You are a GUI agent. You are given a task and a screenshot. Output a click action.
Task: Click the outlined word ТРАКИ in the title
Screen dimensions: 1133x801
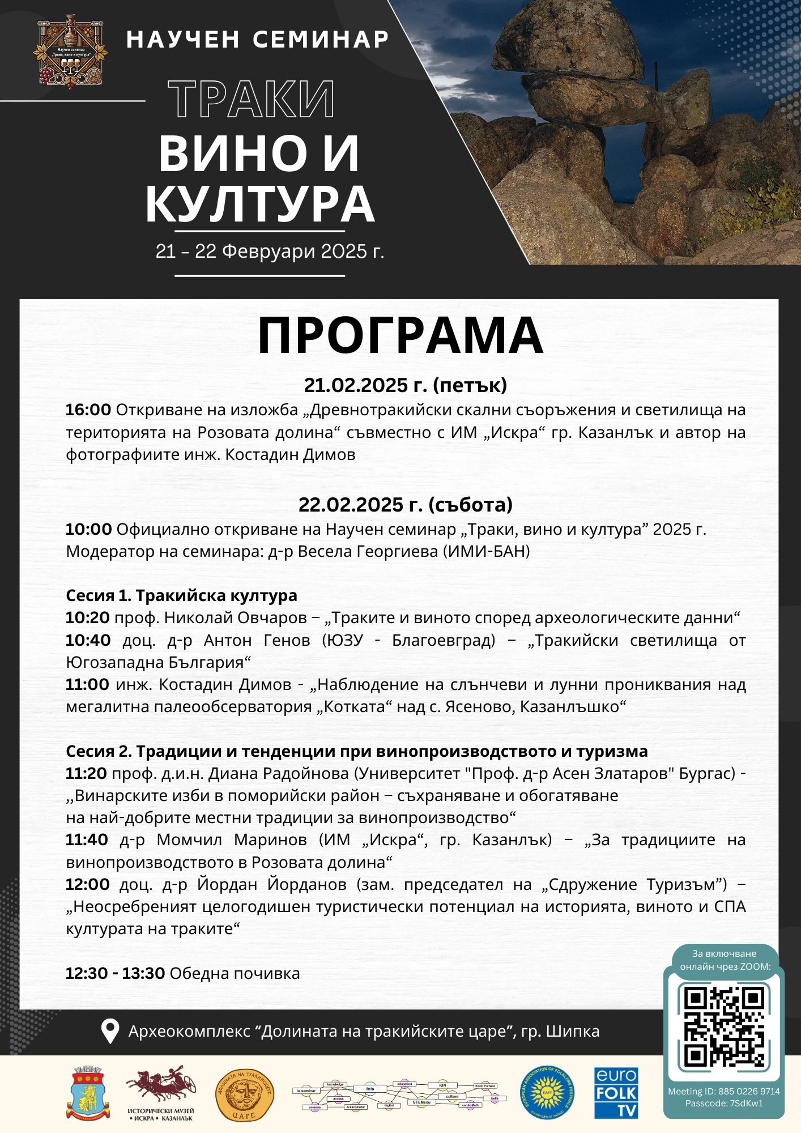(252, 100)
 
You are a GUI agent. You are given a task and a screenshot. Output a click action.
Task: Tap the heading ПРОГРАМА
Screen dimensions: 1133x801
(400, 335)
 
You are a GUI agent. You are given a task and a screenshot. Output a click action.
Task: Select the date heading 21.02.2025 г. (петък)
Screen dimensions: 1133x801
(405, 385)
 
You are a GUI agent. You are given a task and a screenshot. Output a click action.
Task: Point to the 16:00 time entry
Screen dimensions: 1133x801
(88, 410)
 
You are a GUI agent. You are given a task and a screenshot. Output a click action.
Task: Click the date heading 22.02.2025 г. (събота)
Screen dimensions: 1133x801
(405, 504)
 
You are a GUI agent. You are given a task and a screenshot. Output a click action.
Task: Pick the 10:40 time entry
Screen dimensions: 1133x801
(88, 640)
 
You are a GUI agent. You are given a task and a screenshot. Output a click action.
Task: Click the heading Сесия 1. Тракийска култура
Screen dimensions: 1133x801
(181, 595)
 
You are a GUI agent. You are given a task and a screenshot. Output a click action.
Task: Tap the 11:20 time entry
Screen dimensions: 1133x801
(86, 773)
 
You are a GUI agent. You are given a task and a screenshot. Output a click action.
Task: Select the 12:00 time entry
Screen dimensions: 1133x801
(88, 884)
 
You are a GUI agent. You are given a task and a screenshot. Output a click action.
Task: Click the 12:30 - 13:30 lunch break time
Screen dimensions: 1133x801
(115, 973)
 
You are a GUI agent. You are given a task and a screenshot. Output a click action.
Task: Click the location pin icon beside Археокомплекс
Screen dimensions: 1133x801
(109, 1031)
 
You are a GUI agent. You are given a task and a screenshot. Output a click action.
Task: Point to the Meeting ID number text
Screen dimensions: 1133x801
(723, 1091)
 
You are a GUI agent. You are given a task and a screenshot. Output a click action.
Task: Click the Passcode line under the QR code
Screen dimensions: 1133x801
(723, 1103)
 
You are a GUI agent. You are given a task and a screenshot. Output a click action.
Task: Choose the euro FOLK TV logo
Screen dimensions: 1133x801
(616, 1093)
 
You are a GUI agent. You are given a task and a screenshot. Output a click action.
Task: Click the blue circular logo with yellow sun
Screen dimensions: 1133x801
(546, 1093)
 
